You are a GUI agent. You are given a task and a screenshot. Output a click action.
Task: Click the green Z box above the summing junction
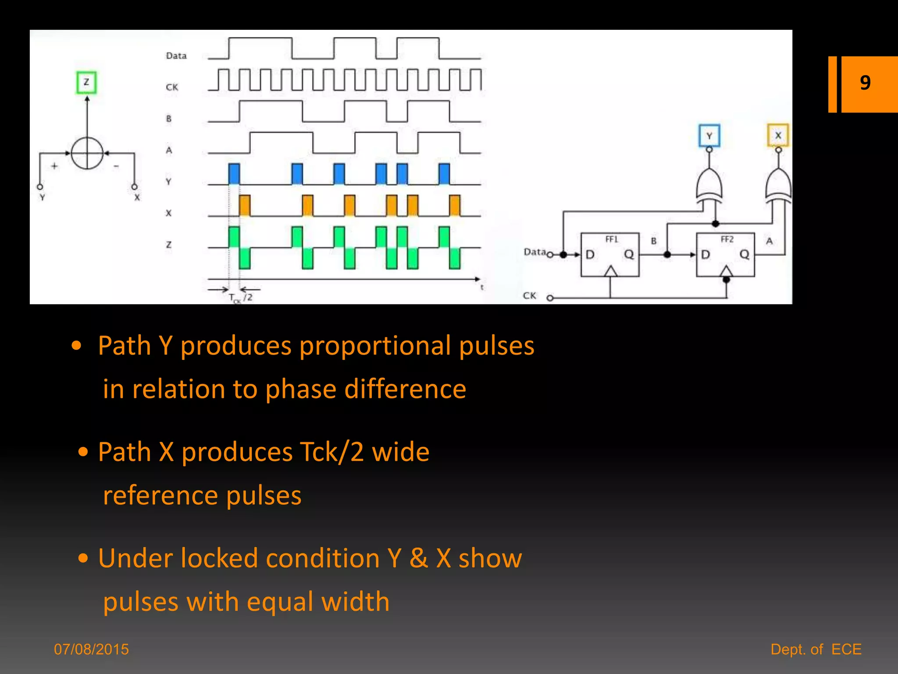pos(86,82)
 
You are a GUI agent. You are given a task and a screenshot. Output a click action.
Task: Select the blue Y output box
pos(709,136)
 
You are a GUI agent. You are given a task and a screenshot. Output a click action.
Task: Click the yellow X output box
pos(778,135)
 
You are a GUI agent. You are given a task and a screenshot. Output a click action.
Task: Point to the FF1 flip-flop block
pos(610,255)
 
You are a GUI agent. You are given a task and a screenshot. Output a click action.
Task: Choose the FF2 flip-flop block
pos(726,255)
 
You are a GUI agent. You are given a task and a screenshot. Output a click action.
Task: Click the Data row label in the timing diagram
pos(176,56)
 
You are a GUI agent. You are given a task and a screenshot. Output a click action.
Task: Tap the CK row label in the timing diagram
pos(172,87)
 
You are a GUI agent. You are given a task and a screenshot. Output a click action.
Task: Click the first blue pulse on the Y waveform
pos(234,174)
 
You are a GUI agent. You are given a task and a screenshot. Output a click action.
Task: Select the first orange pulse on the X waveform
pos(245,205)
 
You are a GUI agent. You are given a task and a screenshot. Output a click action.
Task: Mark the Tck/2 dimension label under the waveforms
pos(241,298)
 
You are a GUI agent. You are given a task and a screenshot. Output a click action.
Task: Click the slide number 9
pos(865,83)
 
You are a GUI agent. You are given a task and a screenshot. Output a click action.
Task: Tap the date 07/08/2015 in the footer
pos(92,649)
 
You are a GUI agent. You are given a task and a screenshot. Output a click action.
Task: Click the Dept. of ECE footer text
pos(816,649)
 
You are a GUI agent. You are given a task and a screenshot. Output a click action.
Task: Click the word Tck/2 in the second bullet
pos(331,452)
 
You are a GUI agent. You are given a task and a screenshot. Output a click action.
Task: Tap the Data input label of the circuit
pos(535,252)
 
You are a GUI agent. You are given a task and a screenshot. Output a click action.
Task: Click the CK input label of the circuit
pos(530,296)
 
